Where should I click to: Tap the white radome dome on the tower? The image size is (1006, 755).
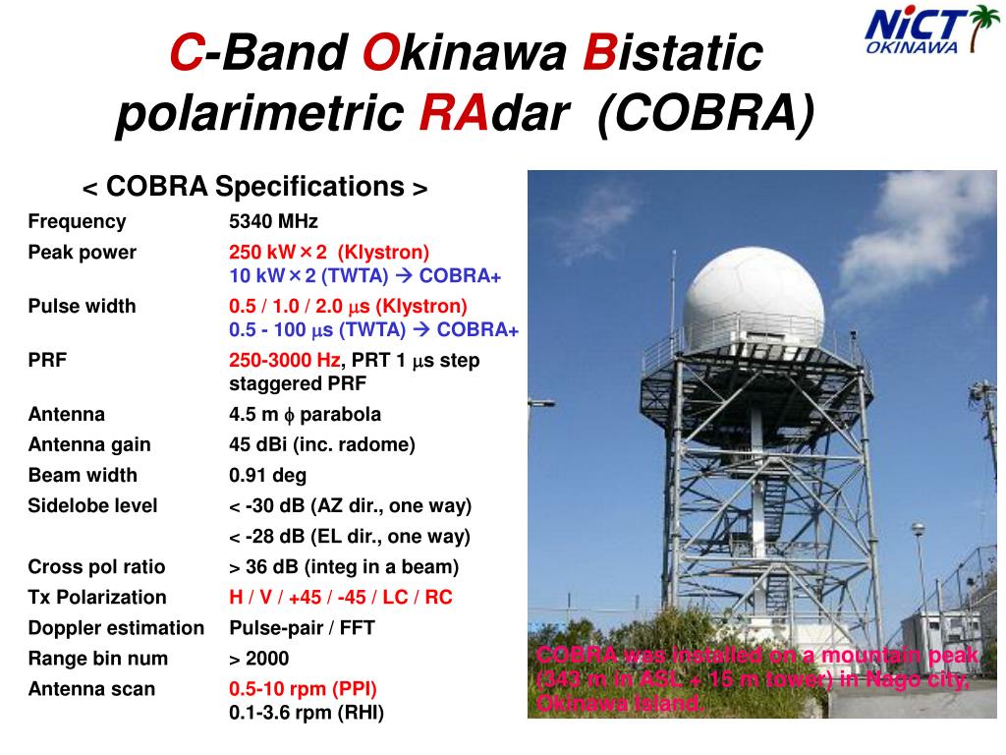point(753,300)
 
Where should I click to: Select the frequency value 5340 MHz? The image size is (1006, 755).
point(273,221)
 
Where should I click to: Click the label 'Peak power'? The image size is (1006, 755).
point(83,253)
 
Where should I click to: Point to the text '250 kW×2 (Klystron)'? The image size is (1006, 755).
point(329,252)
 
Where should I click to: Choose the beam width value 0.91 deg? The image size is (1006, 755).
point(267,475)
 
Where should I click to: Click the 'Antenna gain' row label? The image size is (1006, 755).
point(89,444)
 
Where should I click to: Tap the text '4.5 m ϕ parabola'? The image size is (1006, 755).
point(305,414)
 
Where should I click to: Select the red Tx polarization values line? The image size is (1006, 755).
point(341,597)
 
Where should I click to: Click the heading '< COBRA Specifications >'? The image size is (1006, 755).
point(254,187)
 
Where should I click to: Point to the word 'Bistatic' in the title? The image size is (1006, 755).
point(673,52)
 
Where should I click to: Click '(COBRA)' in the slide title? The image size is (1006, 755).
point(706,114)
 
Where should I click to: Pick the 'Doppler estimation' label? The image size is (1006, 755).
point(116,628)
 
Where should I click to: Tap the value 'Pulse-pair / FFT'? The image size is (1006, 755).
point(303,628)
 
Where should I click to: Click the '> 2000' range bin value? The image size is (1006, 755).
point(259,659)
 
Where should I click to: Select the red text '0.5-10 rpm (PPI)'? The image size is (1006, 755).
point(303,689)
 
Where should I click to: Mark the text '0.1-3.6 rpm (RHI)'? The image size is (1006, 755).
point(307,713)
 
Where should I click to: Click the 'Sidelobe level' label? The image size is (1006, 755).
point(92,506)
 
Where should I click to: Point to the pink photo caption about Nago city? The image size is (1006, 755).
point(757,679)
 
